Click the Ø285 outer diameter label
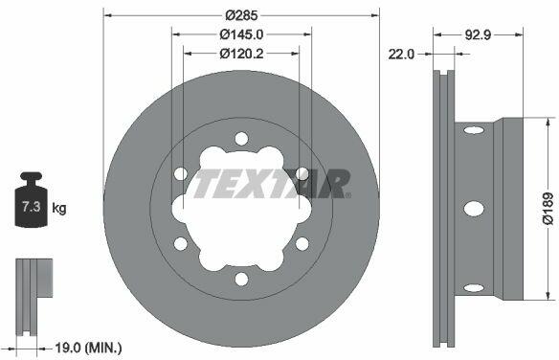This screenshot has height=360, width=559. pyautogui.click(x=241, y=15)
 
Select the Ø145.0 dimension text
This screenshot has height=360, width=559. pyautogui.click(x=241, y=34)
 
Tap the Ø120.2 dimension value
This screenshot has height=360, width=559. pyautogui.click(x=241, y=54)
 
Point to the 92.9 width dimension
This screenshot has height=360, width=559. pyautogui.click(x=478, y=34)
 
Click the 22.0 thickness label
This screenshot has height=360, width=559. pyautogui.click(x=401, y=55)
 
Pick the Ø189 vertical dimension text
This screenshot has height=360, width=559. pyautogui.click(x=548, y=209)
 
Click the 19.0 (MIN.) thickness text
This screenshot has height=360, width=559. pyautogui.click(x=88, y=348)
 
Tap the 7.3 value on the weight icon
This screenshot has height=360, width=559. pyautogui.click(x=31, y=207)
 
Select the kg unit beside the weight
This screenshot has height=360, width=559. pyautogui.click(x=59, y=208)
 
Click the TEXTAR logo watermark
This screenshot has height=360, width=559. pyautogui.click(x=272, y=184)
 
